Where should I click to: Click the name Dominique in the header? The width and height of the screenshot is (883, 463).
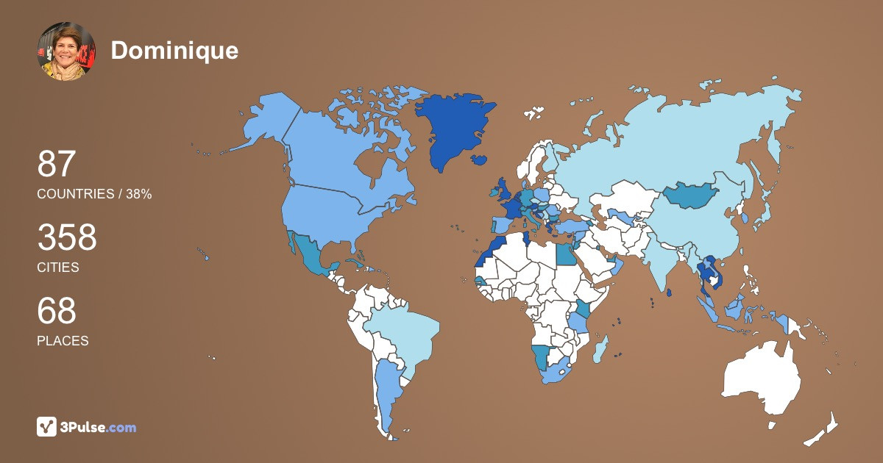click(x=174, y=50)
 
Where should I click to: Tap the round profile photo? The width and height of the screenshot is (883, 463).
click(x=66, y=51)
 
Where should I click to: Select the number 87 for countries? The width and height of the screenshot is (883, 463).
click(x=57, y=164)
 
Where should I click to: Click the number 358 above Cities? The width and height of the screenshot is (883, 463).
click(x=67, y=238)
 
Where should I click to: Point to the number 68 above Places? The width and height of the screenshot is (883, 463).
click(x=57, y=311)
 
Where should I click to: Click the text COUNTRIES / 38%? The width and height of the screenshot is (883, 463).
click(x=94, y=194)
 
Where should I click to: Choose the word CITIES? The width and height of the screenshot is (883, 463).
click(x=58, y=268)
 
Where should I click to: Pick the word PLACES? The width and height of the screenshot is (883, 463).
click(x=63, y=341)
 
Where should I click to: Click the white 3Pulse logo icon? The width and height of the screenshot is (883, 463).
click(x=46, y=426)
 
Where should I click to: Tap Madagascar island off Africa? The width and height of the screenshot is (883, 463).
click(x=601, y=348)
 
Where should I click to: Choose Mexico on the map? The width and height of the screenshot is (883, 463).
click(x=309, y=254)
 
